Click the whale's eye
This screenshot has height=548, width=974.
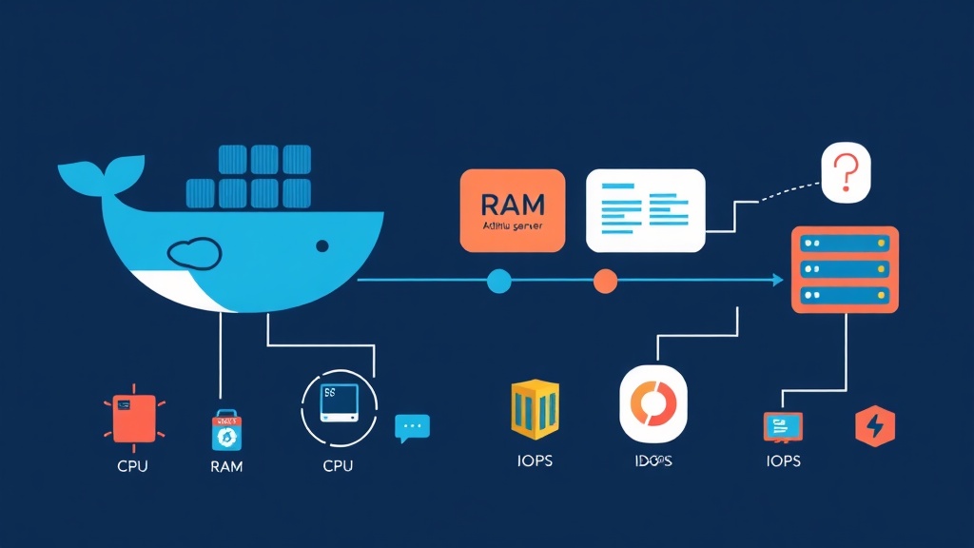point(322,246)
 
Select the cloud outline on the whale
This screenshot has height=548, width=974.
point(194,252)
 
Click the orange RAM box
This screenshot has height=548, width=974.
point(513,210)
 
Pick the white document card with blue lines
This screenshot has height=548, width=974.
point(646,210)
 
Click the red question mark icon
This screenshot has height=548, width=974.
point(846,174)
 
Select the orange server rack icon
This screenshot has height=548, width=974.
point(845,269)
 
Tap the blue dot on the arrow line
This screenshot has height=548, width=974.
point(498,281)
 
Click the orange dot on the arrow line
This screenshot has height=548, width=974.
point(605,281)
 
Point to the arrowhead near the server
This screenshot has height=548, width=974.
point(777,281)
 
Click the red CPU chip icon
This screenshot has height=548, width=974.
point(133,416)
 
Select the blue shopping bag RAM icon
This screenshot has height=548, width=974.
point(226,429)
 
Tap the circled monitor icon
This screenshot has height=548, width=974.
point(339,406)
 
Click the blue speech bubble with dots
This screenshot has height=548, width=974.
point(412,427)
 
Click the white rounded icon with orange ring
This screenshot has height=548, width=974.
point(653,404)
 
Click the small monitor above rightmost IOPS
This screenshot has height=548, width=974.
point(783,426)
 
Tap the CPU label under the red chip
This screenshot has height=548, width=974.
point(132,466)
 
